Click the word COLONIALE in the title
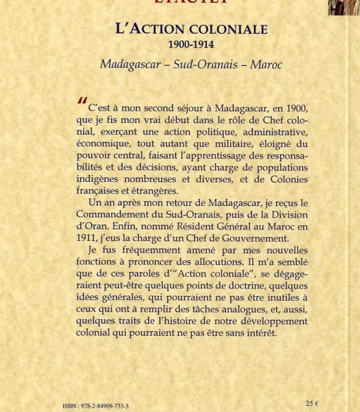229,30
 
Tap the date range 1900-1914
191,45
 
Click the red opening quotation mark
82,103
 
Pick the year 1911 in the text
87,238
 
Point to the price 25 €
312,403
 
